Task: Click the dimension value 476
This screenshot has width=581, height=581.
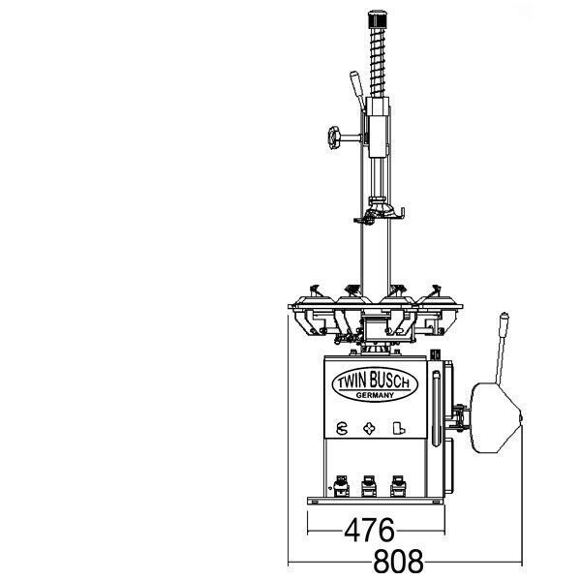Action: [x=370, y=530]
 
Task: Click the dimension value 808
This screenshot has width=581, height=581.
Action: [x=398, y=562]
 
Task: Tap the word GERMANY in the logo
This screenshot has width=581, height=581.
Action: [x=375, y=395]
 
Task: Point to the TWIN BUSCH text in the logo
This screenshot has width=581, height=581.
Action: [x=374, y=381]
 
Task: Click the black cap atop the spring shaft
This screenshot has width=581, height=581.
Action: [x=378, y=18]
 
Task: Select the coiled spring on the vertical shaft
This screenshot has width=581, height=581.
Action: [x=378, y=62]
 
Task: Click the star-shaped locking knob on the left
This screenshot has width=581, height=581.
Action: [x=334, y=138]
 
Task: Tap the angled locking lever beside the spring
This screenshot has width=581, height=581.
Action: [x=356, y=90]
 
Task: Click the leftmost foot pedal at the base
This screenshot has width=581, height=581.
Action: [x=341, y=486]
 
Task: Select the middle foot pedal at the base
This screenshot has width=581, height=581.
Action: [x=369, y=486]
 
